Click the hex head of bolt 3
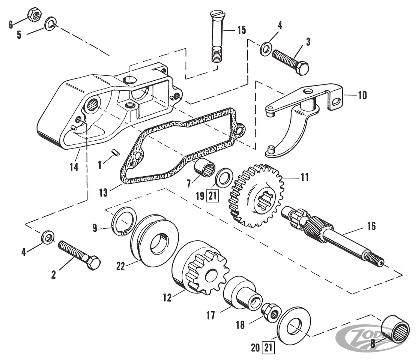point(301,68)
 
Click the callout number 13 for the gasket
point(103,193)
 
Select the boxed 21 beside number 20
point(268,348)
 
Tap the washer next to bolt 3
point(266,48)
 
